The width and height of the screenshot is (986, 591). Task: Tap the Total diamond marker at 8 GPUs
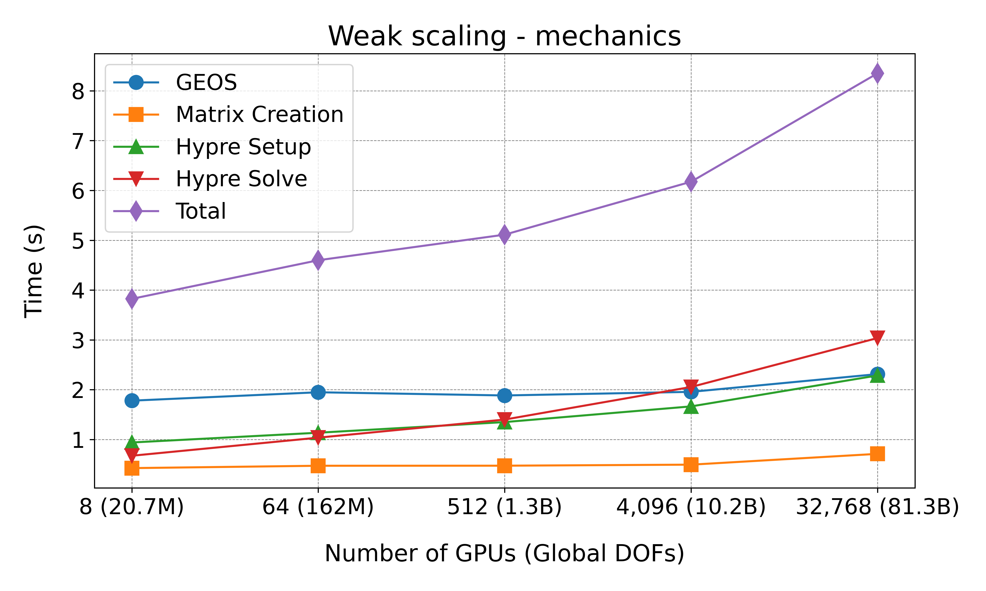coord(132,298)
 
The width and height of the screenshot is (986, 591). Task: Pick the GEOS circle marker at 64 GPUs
coord(318,392)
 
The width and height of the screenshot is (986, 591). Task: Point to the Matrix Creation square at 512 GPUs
coord(505,466)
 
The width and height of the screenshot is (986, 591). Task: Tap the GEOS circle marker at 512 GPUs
coord(505,396)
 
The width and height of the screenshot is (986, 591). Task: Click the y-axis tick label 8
coord(78,91)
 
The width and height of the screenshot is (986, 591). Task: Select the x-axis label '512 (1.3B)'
coord(505,507)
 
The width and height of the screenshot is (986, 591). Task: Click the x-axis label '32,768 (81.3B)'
coord(877,507)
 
